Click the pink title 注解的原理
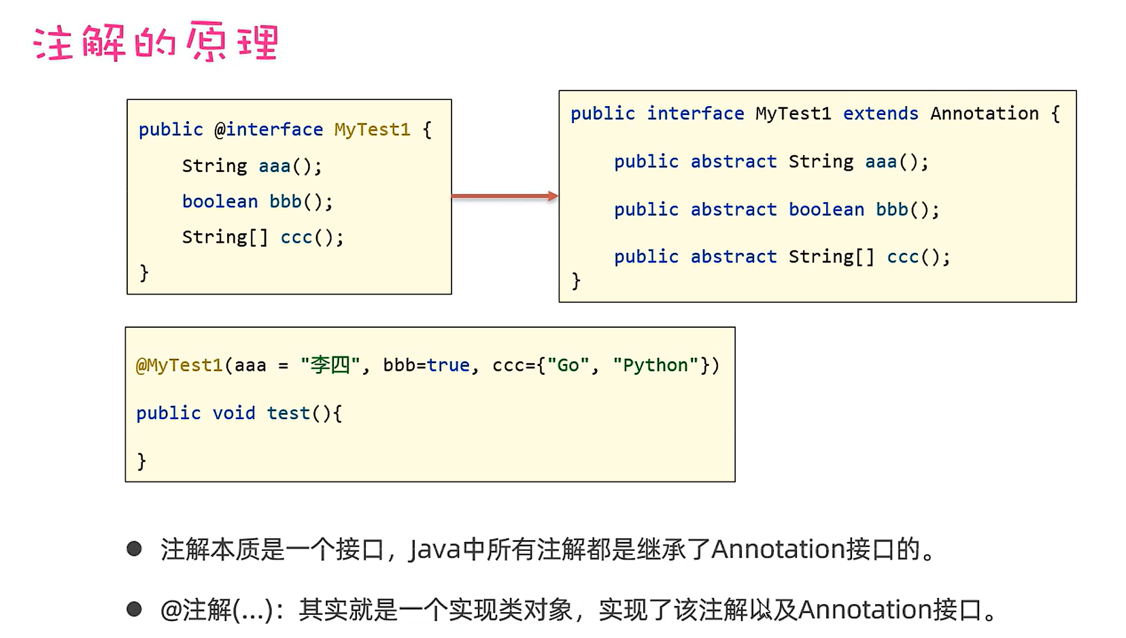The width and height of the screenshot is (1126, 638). (156, 42)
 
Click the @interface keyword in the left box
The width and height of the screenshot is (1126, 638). (269, 129)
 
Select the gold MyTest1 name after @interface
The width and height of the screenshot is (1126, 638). (372, 129)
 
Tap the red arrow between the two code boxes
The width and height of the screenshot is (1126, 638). (505, 197)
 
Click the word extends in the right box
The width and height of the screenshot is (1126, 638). (881, 113)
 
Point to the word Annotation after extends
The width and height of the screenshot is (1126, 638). (984, 113)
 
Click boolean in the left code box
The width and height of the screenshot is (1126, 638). (220, 201)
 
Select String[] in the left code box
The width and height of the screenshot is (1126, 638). (225, 237)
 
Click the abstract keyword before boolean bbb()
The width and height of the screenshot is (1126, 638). (733, 209)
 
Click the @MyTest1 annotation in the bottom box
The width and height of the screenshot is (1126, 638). (180, 365)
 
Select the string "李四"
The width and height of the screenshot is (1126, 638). (330, 365)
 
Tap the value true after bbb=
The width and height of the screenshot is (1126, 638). (448, 365)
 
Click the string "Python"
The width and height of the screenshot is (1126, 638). (655, 365)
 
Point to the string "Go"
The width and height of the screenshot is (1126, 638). (568, 365)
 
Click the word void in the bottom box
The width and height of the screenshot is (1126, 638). (233, 413)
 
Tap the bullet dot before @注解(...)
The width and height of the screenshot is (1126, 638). (134, 609)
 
